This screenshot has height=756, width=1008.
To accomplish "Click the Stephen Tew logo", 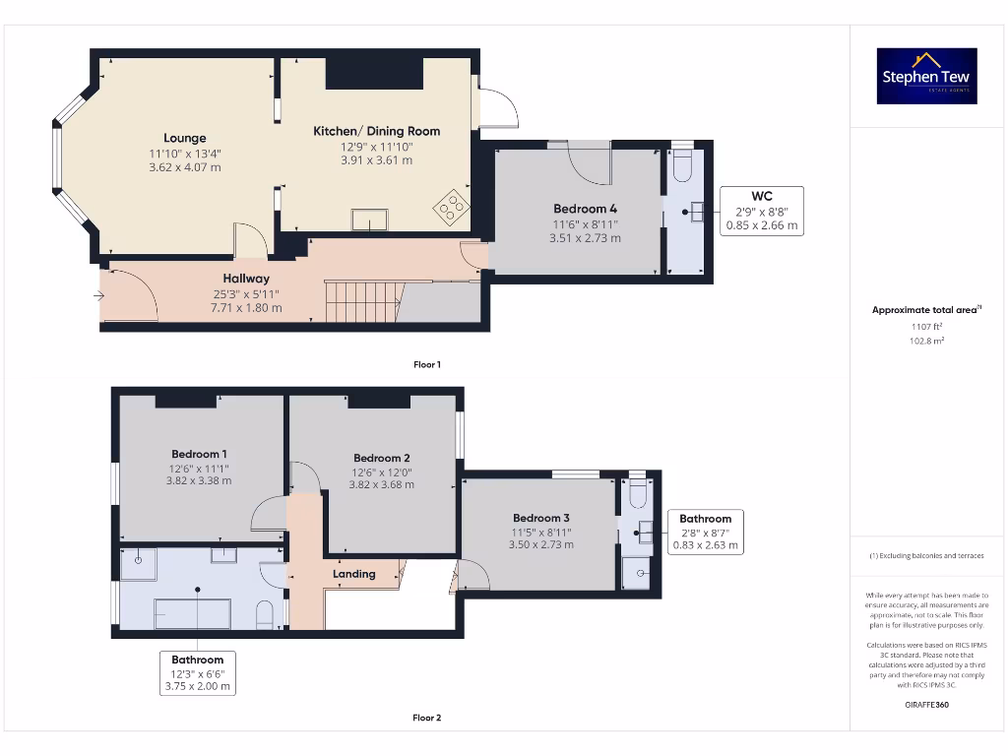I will (926, 76).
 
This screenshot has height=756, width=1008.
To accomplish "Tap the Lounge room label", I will (185, 138).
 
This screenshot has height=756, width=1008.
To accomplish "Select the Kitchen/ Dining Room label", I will (376, 131).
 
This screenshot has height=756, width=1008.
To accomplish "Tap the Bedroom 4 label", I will (585, 209).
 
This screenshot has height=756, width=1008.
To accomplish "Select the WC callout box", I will (761, 211).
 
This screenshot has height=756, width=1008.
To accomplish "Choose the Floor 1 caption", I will (426, 364).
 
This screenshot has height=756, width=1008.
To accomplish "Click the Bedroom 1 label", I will (200, 454).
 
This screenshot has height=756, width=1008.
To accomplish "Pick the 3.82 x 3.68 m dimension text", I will (381, 484).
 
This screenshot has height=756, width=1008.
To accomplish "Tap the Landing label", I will (353, 574).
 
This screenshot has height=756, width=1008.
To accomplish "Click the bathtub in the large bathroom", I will (192, 613).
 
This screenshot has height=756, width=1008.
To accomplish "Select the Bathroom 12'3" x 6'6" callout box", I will (198, 673).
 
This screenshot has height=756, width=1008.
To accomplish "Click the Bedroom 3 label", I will (540, 518).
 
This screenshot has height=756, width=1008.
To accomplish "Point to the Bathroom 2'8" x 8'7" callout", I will (705, 532).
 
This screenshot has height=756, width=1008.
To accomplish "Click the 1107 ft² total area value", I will (925, 326).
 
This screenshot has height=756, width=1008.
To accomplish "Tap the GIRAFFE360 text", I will (925, 705).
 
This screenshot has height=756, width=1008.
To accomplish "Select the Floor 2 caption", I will (426, 718).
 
